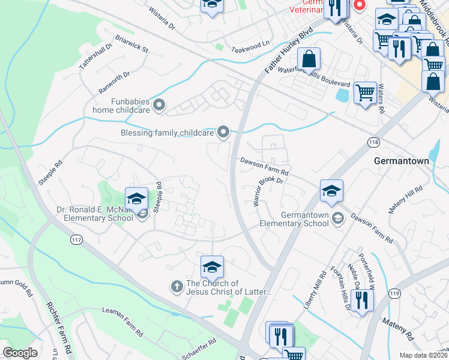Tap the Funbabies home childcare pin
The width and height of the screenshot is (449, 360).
pyautogui.click(x=159, y=106)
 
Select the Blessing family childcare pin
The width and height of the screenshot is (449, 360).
pyautogui.click(x=224, y=132)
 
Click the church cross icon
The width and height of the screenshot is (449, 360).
pyautogui.click(x=177, y=287)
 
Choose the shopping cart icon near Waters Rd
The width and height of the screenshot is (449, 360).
pyautogui.click(x=365, y=93)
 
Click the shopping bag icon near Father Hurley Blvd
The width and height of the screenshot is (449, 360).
pyautogui.click(x=309, y=59)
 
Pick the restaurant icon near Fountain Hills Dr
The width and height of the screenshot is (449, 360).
pyautogui.click(x=361, y=300)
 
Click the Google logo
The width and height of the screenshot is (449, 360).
pyautogui.click(x=20, y=353)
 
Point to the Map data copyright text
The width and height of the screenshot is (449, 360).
pyautogui.click(x=423, y=355)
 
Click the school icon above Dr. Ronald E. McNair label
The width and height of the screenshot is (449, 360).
pyautogui.click(x=136, y=199)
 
